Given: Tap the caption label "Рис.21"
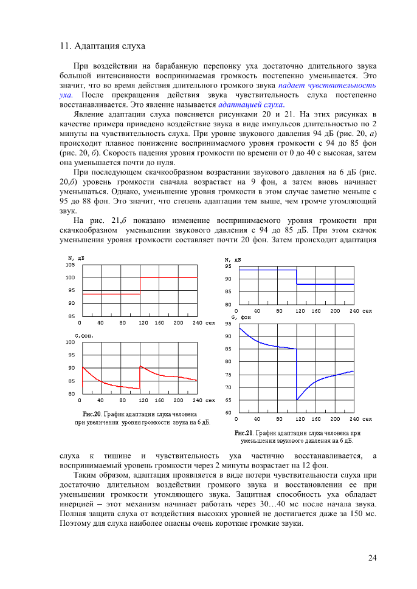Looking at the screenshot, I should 243,433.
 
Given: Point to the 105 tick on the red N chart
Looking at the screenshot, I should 71,265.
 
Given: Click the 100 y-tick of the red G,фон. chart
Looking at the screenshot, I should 71,342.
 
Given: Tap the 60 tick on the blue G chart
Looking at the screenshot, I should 228,413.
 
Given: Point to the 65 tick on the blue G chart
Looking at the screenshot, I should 228,400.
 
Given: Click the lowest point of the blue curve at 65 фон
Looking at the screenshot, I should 297,400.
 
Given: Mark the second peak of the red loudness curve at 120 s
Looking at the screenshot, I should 140,366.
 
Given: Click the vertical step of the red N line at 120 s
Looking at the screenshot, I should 140,285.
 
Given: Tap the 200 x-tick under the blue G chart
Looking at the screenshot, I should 335,419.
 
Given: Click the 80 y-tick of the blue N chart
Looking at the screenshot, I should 228,304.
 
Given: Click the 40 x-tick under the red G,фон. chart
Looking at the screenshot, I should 100,400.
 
